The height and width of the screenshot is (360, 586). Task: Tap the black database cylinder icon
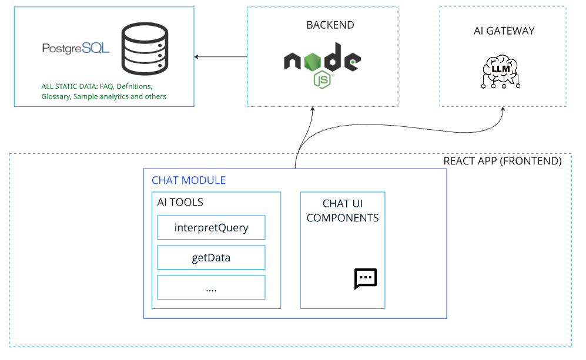tap(144, 48)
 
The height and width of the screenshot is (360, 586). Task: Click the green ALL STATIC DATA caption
tap(103, 91)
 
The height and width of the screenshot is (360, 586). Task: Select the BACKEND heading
tap(330, 25)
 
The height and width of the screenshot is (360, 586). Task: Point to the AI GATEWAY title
tap(504, 31)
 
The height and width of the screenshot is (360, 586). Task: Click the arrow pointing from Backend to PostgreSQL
tap(220, 57)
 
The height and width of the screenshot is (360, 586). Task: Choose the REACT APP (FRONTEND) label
tap(502, 161)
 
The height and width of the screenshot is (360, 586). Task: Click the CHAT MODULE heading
tap(189, 180)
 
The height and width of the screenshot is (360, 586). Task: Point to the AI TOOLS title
tap(180, 202)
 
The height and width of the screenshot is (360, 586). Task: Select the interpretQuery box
tap(211, 227)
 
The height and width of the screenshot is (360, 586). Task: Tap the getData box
tap(211, 257)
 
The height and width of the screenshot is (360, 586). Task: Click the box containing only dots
tap(211, 287)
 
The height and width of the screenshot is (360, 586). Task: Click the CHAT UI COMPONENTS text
tap(343, 211)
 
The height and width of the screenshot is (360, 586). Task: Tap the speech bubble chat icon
tap(365, 279)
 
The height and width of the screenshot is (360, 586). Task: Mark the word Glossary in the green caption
tap(56, 96)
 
